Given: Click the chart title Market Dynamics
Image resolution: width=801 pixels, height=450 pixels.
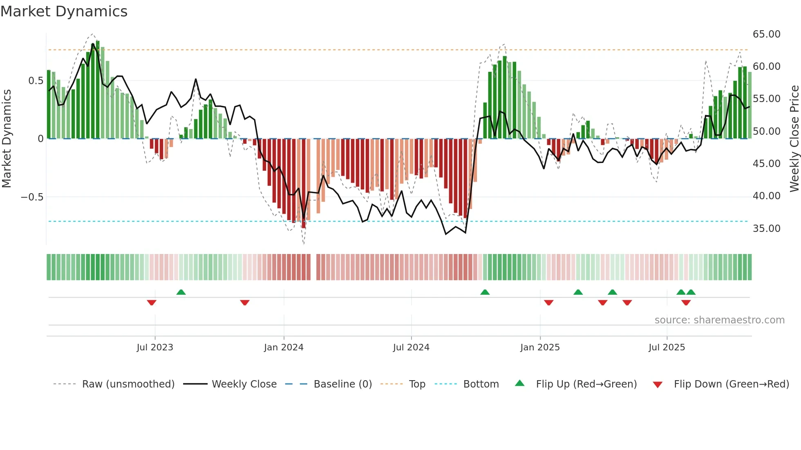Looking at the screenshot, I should [x=64, y=11].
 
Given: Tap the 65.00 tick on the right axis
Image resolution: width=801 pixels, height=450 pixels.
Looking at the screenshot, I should [x=766, y=34].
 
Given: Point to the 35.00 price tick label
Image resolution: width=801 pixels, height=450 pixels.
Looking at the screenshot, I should [x=766, y=228].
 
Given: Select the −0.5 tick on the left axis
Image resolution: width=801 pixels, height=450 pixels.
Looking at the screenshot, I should [x=32, y=197].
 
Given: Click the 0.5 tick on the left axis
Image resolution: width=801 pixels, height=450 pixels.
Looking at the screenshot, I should [x=36, y=81].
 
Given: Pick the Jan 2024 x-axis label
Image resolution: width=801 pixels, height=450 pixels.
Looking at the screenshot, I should [x=284, y=348].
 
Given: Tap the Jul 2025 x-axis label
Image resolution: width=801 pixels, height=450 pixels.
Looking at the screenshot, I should [x=667, y=348].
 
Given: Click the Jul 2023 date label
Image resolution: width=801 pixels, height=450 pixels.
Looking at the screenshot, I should [x=155, y=348].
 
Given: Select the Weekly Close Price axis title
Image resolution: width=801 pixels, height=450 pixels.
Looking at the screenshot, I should [x=794, y=138].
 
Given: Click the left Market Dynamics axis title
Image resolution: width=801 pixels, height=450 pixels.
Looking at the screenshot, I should [x=7, y=138].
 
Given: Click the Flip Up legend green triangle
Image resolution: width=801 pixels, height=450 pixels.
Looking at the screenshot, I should [x=519, y=383].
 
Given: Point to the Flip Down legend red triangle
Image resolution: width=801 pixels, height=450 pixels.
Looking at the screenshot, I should [x=658, y=385].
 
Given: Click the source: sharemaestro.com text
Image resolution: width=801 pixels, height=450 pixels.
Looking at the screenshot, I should [x=719, y=320].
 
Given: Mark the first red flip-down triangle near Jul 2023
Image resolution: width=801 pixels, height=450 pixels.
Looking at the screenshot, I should [x=152, y=303].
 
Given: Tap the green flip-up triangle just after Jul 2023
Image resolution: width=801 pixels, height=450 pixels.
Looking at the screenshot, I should [x=181, y=292].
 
